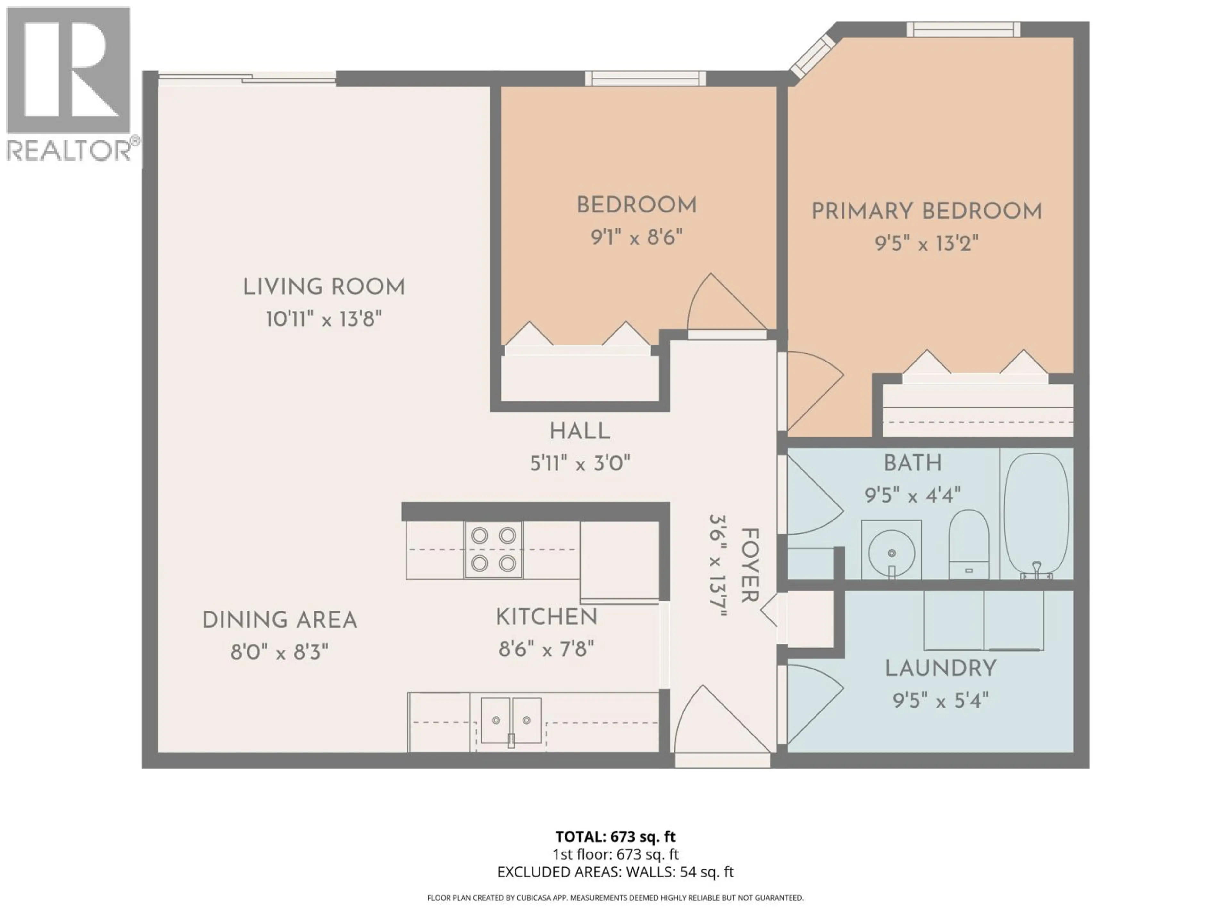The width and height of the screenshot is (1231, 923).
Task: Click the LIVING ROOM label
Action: click(324, 287)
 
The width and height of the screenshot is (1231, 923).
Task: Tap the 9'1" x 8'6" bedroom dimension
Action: click(636, 238)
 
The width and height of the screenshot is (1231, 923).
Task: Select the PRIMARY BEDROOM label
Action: click(926, 212)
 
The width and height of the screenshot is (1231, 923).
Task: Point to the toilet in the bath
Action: click(968, 543)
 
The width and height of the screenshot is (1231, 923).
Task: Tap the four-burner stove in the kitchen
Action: click(493, 550)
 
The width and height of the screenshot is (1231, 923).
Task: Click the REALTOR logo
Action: click(70, 83)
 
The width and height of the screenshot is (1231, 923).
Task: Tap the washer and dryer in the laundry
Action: click(983, 620)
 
